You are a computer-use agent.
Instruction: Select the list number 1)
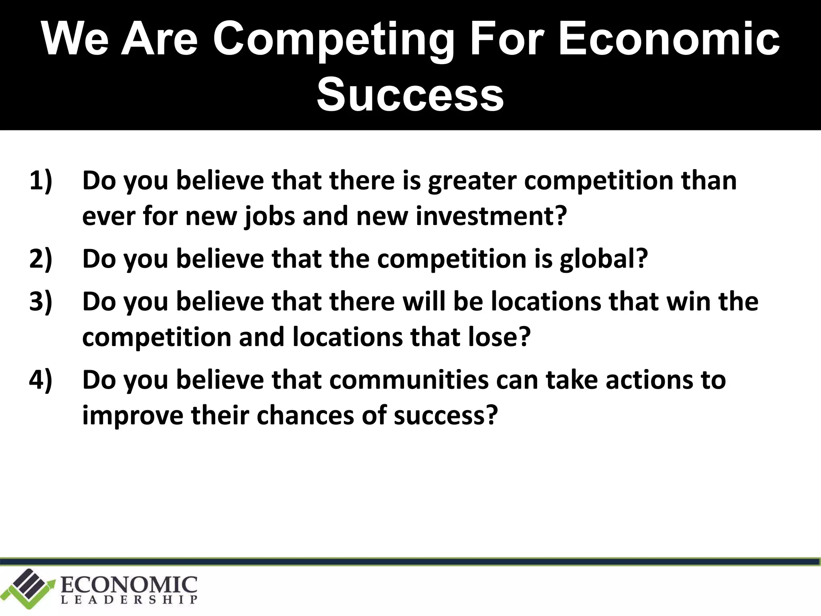pos(41,181)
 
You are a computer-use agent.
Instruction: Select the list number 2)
pos(41,259)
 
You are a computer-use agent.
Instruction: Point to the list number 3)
pos(41,302)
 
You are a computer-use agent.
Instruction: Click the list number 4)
pos(41,380)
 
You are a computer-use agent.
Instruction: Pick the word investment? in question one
pos(491,217)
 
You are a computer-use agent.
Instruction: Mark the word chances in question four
pos(305,415)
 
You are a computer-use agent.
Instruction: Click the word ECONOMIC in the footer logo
pos(129,585)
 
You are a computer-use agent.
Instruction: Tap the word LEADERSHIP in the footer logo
pos(129,600)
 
